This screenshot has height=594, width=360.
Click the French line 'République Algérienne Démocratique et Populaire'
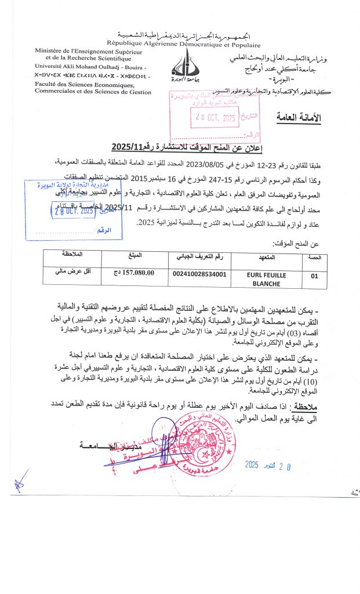(x=183, y=45)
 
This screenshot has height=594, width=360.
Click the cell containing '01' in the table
(x=314, y=277)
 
